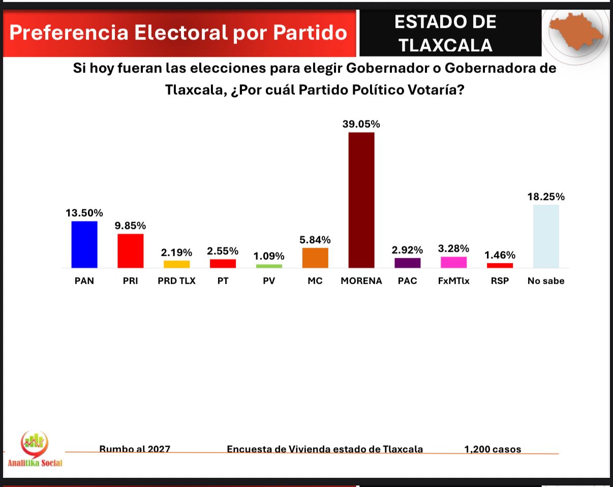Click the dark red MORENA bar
361,200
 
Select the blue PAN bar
84,244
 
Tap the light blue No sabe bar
546,236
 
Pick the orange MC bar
315,257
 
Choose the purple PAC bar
408,263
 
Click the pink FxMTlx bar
453,262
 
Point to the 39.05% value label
361,124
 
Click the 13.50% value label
84,213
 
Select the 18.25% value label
546,197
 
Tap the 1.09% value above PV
269,256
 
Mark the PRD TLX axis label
176,281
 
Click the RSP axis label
500,281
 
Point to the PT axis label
223,281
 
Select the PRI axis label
130,281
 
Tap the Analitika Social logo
35,449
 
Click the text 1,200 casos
493,449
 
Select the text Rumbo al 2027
135,449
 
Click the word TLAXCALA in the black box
445,45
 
